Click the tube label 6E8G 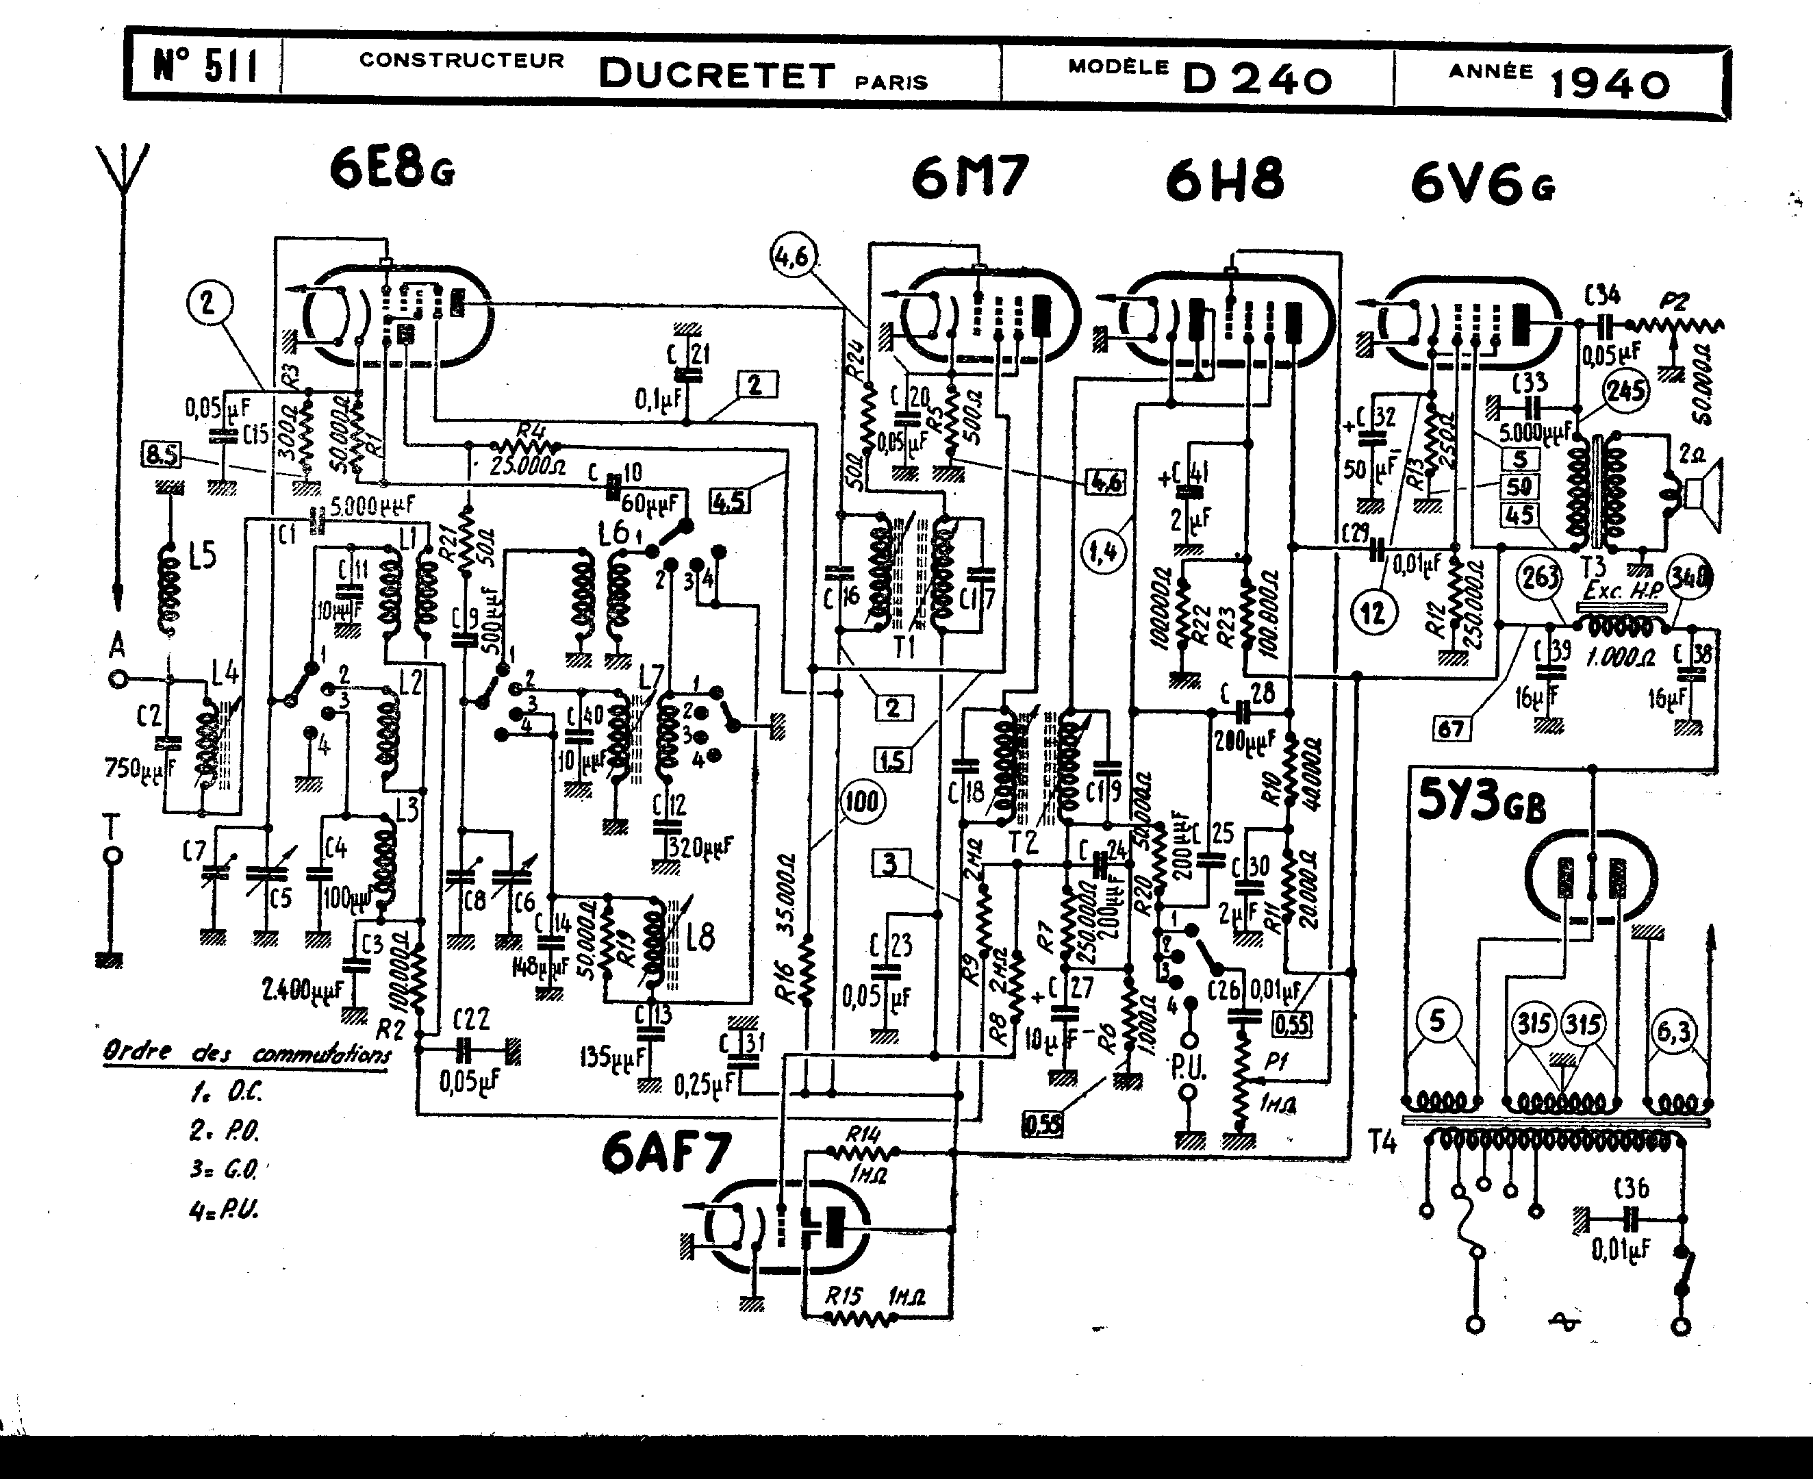pos(392,170)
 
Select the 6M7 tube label pos(969,178)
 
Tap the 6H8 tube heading pos(1224,181)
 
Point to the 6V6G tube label pos(1483,185)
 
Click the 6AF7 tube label pos(665,1154)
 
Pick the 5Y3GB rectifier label pos(1482,803)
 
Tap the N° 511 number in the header pos(205,66)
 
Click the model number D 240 pos(1256,79)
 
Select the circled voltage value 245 pos(1625,392)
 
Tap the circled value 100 pos(862,802)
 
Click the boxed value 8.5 pos(162,455)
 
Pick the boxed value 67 pos(1450,729)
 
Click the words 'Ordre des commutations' pos(247,1053)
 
